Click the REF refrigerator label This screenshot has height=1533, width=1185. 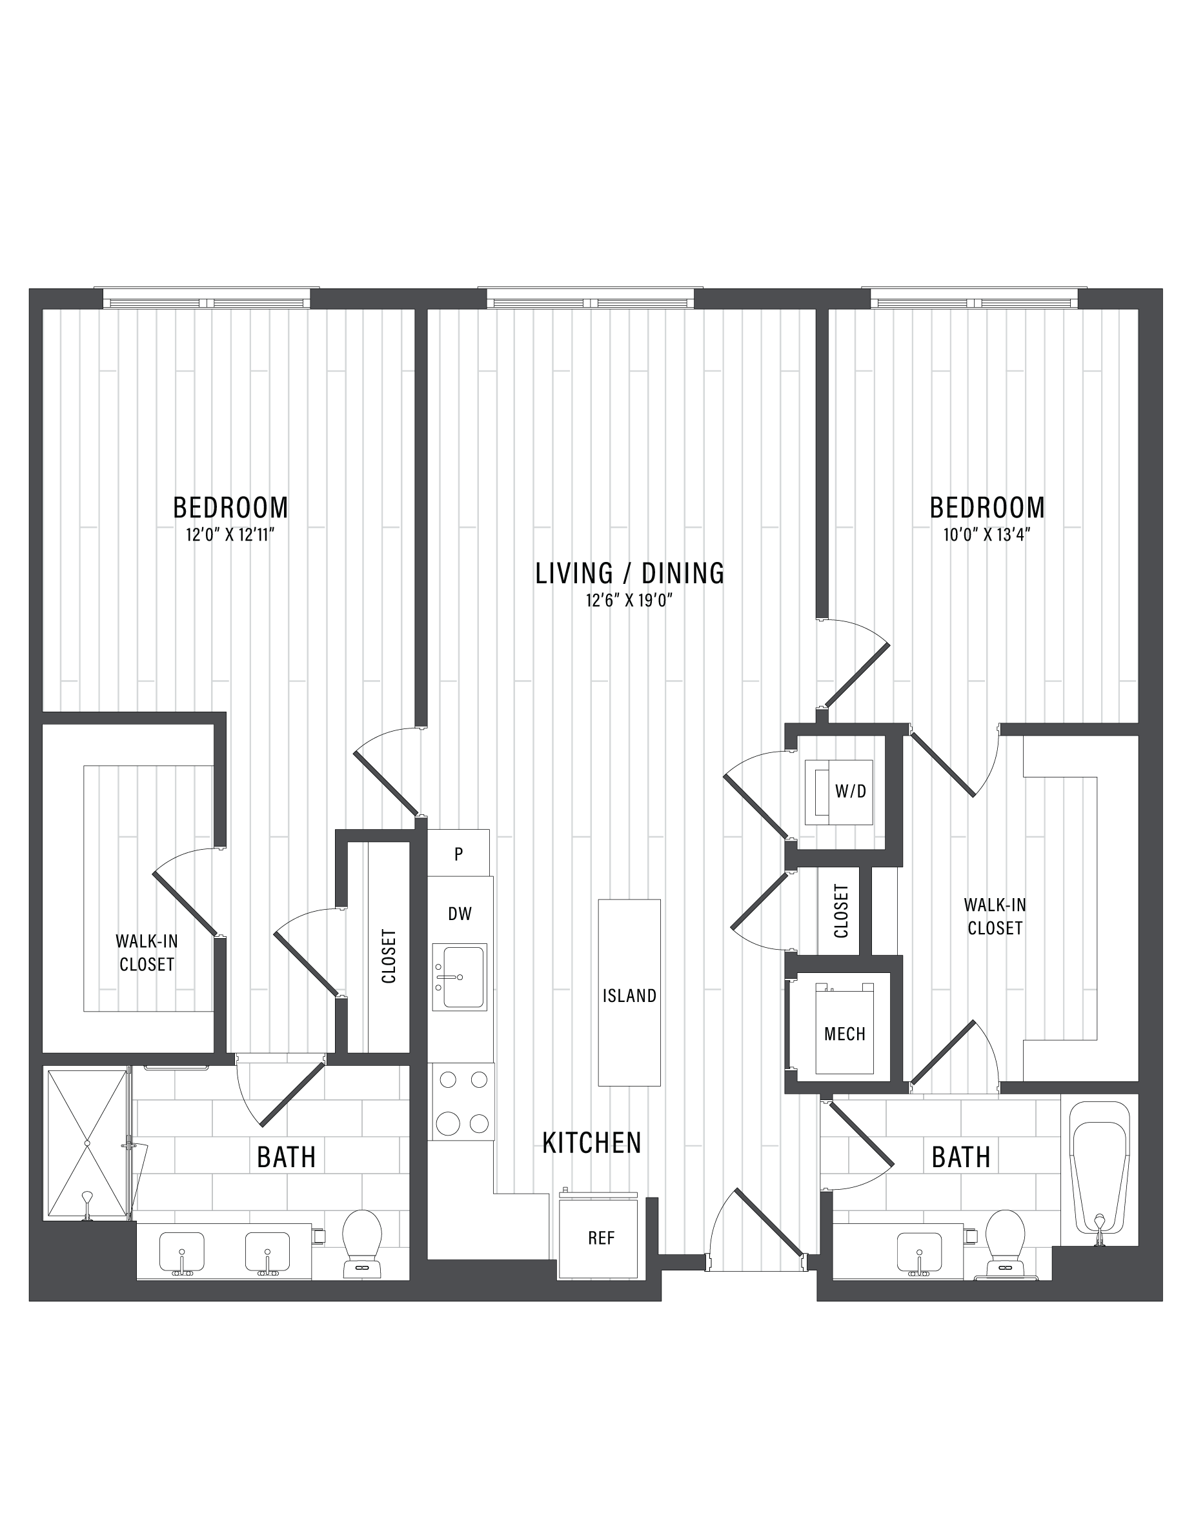(x=601, y=1237)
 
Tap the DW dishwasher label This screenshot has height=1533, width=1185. (x=460, y=913)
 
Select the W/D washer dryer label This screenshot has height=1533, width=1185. (x=850, y=792)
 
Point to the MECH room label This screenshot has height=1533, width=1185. (x=844, y=1034)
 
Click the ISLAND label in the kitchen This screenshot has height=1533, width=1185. (x=629, y=996)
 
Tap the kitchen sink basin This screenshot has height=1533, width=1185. (x=459, y=976)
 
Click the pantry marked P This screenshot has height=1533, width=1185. (x=458, y=854)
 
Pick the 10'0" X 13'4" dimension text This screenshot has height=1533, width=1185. (x=986, y=535)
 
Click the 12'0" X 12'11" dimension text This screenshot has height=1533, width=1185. (x=230, y=535)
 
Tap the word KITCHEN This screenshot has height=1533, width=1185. (x=592, y=1143)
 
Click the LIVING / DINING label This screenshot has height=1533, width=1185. (x=630, y=573)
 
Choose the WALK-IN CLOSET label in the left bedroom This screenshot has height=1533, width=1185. (x=146, y=952)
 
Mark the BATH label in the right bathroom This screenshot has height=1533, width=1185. (x=960, y=1157)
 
